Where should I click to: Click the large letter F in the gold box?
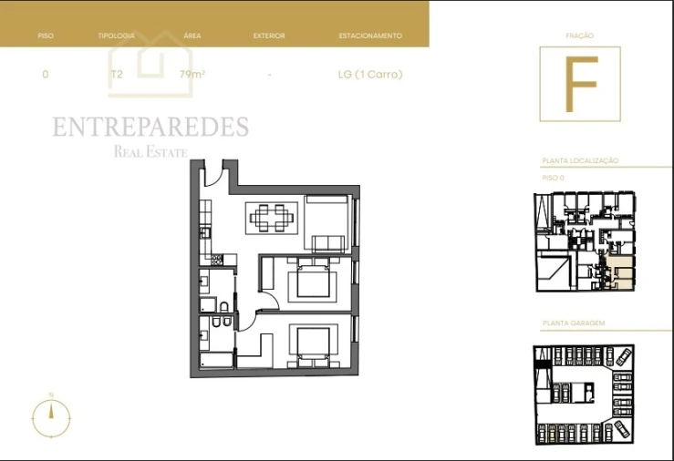coord(579,84)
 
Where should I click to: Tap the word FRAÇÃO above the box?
coord(579,36)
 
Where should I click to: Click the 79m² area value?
coord(192,75)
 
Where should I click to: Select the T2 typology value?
coord(116,75)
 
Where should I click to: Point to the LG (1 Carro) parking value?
coord(369,75)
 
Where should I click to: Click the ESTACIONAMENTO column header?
coord(369,36)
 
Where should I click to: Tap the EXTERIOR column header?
coord(269,36)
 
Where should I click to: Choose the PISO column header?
coord(46,36)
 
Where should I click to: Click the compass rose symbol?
coord(52,417)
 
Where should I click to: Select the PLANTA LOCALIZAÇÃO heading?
coord(580,160)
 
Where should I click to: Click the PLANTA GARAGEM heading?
coord(574,323)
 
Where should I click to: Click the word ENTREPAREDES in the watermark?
coord(150,127)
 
